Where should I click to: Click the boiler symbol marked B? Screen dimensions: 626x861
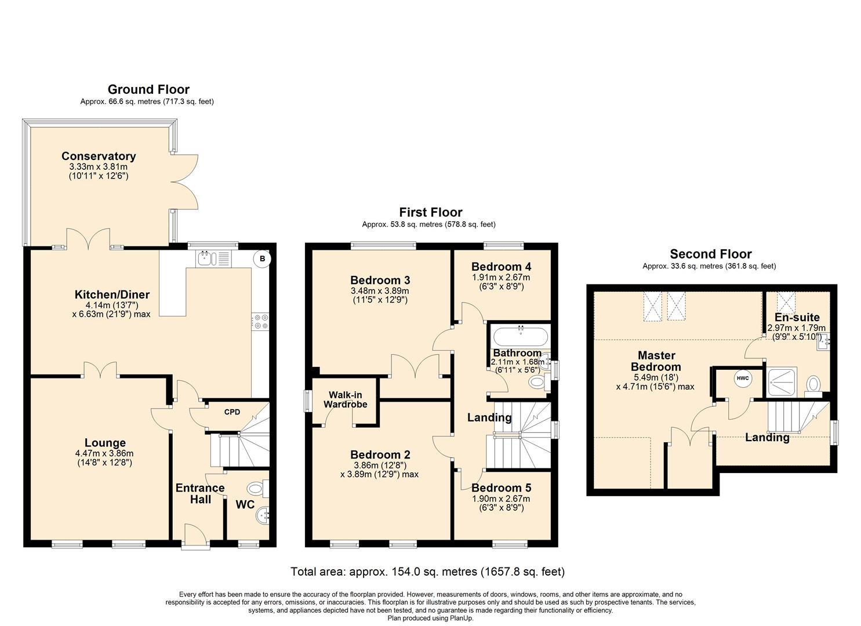[x=262, y=259]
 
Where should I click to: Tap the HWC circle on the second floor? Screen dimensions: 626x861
[x=742, y=378]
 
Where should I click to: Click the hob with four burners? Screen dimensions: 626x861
[x=260, y=321]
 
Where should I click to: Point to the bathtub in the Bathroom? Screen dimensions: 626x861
[x=519, y=336]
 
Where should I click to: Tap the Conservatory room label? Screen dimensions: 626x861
[x=99, y=156]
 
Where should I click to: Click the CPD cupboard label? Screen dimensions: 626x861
[x=232, y=412]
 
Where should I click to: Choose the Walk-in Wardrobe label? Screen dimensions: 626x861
[x=345, y=400]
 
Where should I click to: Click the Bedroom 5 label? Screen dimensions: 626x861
[x=501, y=488]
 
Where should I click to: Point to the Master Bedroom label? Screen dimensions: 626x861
[x=656, y=361]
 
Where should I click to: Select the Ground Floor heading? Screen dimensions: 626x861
[x=148, y=89]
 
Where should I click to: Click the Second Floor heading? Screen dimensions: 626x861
[x=710, y=254]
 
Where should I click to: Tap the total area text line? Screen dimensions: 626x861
[x=427, y=572]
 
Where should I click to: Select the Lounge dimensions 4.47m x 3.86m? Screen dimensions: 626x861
[x=104, y=454]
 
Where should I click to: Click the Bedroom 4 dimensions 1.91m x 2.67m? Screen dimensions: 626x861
[x=501, y=278]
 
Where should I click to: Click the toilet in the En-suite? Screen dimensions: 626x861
[x=814, y=384]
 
